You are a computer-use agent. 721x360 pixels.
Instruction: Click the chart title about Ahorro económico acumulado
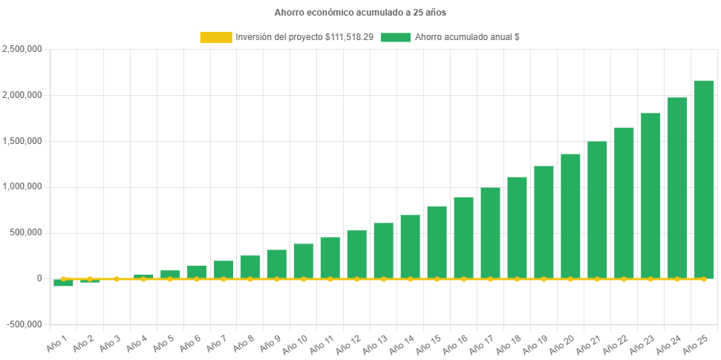point(360,13)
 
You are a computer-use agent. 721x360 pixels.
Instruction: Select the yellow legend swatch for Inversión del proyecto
point(215,37)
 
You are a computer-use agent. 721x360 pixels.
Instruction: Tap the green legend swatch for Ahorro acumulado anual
point(395,37)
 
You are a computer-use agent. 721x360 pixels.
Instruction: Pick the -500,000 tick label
point(24,324)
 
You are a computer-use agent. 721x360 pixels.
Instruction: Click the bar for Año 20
point(570,216)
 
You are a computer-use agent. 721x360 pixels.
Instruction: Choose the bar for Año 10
point(303,261)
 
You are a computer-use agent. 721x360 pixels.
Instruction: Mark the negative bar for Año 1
point(63,283)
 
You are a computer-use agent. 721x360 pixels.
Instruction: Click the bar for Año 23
point(650,196)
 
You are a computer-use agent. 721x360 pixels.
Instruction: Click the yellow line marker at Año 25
point(703,279)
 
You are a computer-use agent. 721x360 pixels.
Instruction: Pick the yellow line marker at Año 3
point(117,279)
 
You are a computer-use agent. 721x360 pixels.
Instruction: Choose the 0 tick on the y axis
point(39,278)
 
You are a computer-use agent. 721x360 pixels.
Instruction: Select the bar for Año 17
point(490,233)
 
